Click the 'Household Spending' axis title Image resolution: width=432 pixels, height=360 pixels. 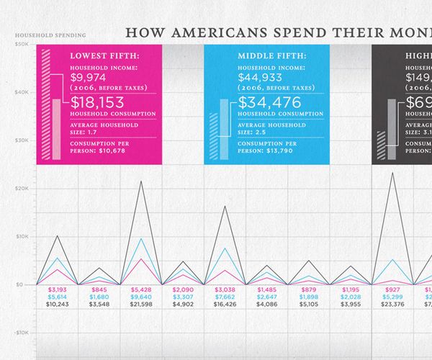point(50,35)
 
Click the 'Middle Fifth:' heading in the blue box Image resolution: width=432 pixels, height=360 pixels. point(269,55)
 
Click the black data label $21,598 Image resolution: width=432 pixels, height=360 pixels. point(141,305)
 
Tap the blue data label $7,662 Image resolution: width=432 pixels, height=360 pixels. point(225,297)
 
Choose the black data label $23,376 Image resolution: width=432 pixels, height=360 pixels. point(392,305)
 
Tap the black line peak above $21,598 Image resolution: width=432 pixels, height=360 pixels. point(141,181)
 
